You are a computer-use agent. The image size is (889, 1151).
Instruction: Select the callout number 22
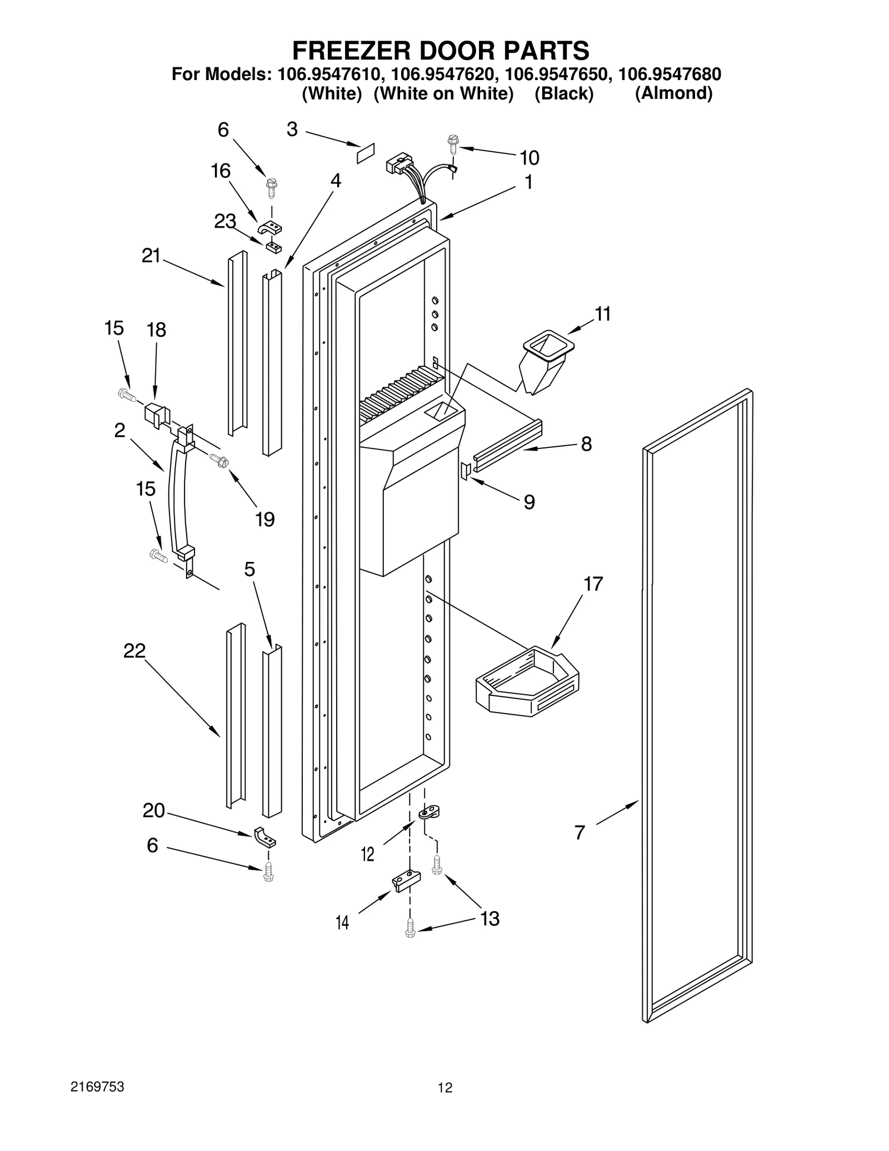click(x=134, y=650)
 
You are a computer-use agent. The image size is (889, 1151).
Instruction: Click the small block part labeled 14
click(x=406, y=880)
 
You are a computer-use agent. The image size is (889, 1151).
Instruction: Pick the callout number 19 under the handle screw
click(x=265, y=519)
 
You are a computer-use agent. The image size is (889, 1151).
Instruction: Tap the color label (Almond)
click(x=673, y=93)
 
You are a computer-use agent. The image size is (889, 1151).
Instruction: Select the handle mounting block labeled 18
click(x=156, y=414)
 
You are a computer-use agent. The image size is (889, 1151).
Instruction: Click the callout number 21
click(x=151, y=256)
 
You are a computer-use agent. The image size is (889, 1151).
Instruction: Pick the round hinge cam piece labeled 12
click(x=428, y=813)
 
